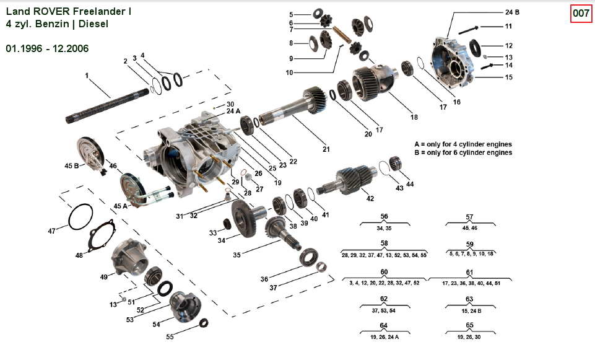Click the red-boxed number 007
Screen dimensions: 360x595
[580, 13]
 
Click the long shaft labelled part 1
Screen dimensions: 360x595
[111, 106]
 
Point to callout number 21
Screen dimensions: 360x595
[326, 149]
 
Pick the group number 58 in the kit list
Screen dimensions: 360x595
[384, 244]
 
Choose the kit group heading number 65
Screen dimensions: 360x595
[470, 325]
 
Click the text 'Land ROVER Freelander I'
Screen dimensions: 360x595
[68, 11]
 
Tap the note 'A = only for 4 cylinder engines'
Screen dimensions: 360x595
[463, 144]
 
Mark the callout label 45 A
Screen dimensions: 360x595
[120, 206]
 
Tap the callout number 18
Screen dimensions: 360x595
[414, 117]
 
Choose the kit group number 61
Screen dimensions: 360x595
[469, 272]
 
